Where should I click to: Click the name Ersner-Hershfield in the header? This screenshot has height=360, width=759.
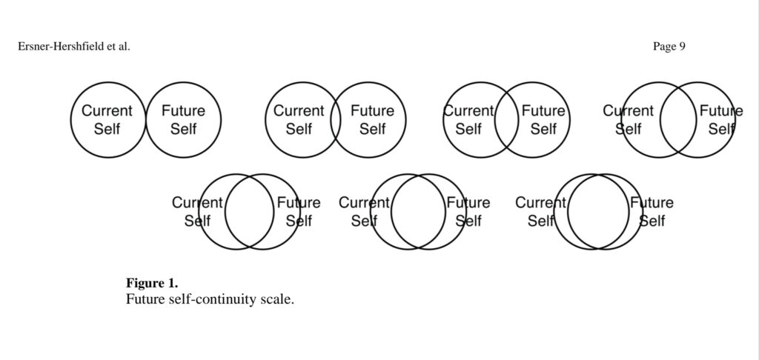click(x=59, y=47)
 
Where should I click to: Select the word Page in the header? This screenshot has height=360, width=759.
click(x=663, y=47)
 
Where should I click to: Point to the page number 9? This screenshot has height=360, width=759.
click(x=682, y=47)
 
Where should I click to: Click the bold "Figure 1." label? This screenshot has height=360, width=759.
click(x=152, y=283)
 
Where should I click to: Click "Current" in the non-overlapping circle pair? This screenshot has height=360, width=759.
click(x=107, y=111)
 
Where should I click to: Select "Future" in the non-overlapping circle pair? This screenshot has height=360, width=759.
click(x=183, y=111)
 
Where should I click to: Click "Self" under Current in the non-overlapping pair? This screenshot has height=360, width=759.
click(x=107, y=129)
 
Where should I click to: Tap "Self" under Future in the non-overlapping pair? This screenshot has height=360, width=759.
click(x=183, y=129)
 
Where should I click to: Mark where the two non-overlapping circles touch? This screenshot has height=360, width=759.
click(x=145, y=120)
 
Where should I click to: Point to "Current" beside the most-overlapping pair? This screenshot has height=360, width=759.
click(x=540, y=203)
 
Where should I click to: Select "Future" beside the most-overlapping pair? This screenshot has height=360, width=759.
click(x=652, y=203)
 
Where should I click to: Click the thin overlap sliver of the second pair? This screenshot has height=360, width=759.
click(x=336, y=120)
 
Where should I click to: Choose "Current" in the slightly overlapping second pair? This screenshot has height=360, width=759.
click(x=299, y=111)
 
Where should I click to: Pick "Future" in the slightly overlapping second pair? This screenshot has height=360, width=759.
click(x=372, y=111)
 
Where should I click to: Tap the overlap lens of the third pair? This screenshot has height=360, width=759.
click(x=507, y=120)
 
